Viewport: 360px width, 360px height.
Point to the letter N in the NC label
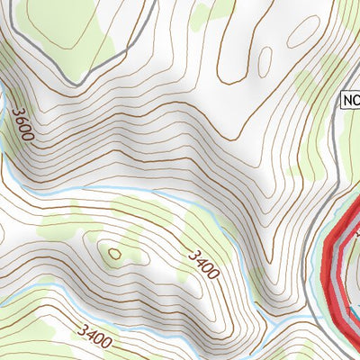(346, 100)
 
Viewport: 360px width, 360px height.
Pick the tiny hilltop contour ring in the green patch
(114, 255)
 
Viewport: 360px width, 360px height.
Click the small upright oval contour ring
(265, 61)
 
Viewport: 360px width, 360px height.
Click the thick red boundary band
(331, 270)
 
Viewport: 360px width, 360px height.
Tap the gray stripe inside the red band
(338, 270)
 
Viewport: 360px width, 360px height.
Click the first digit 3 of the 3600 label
(16, 113)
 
